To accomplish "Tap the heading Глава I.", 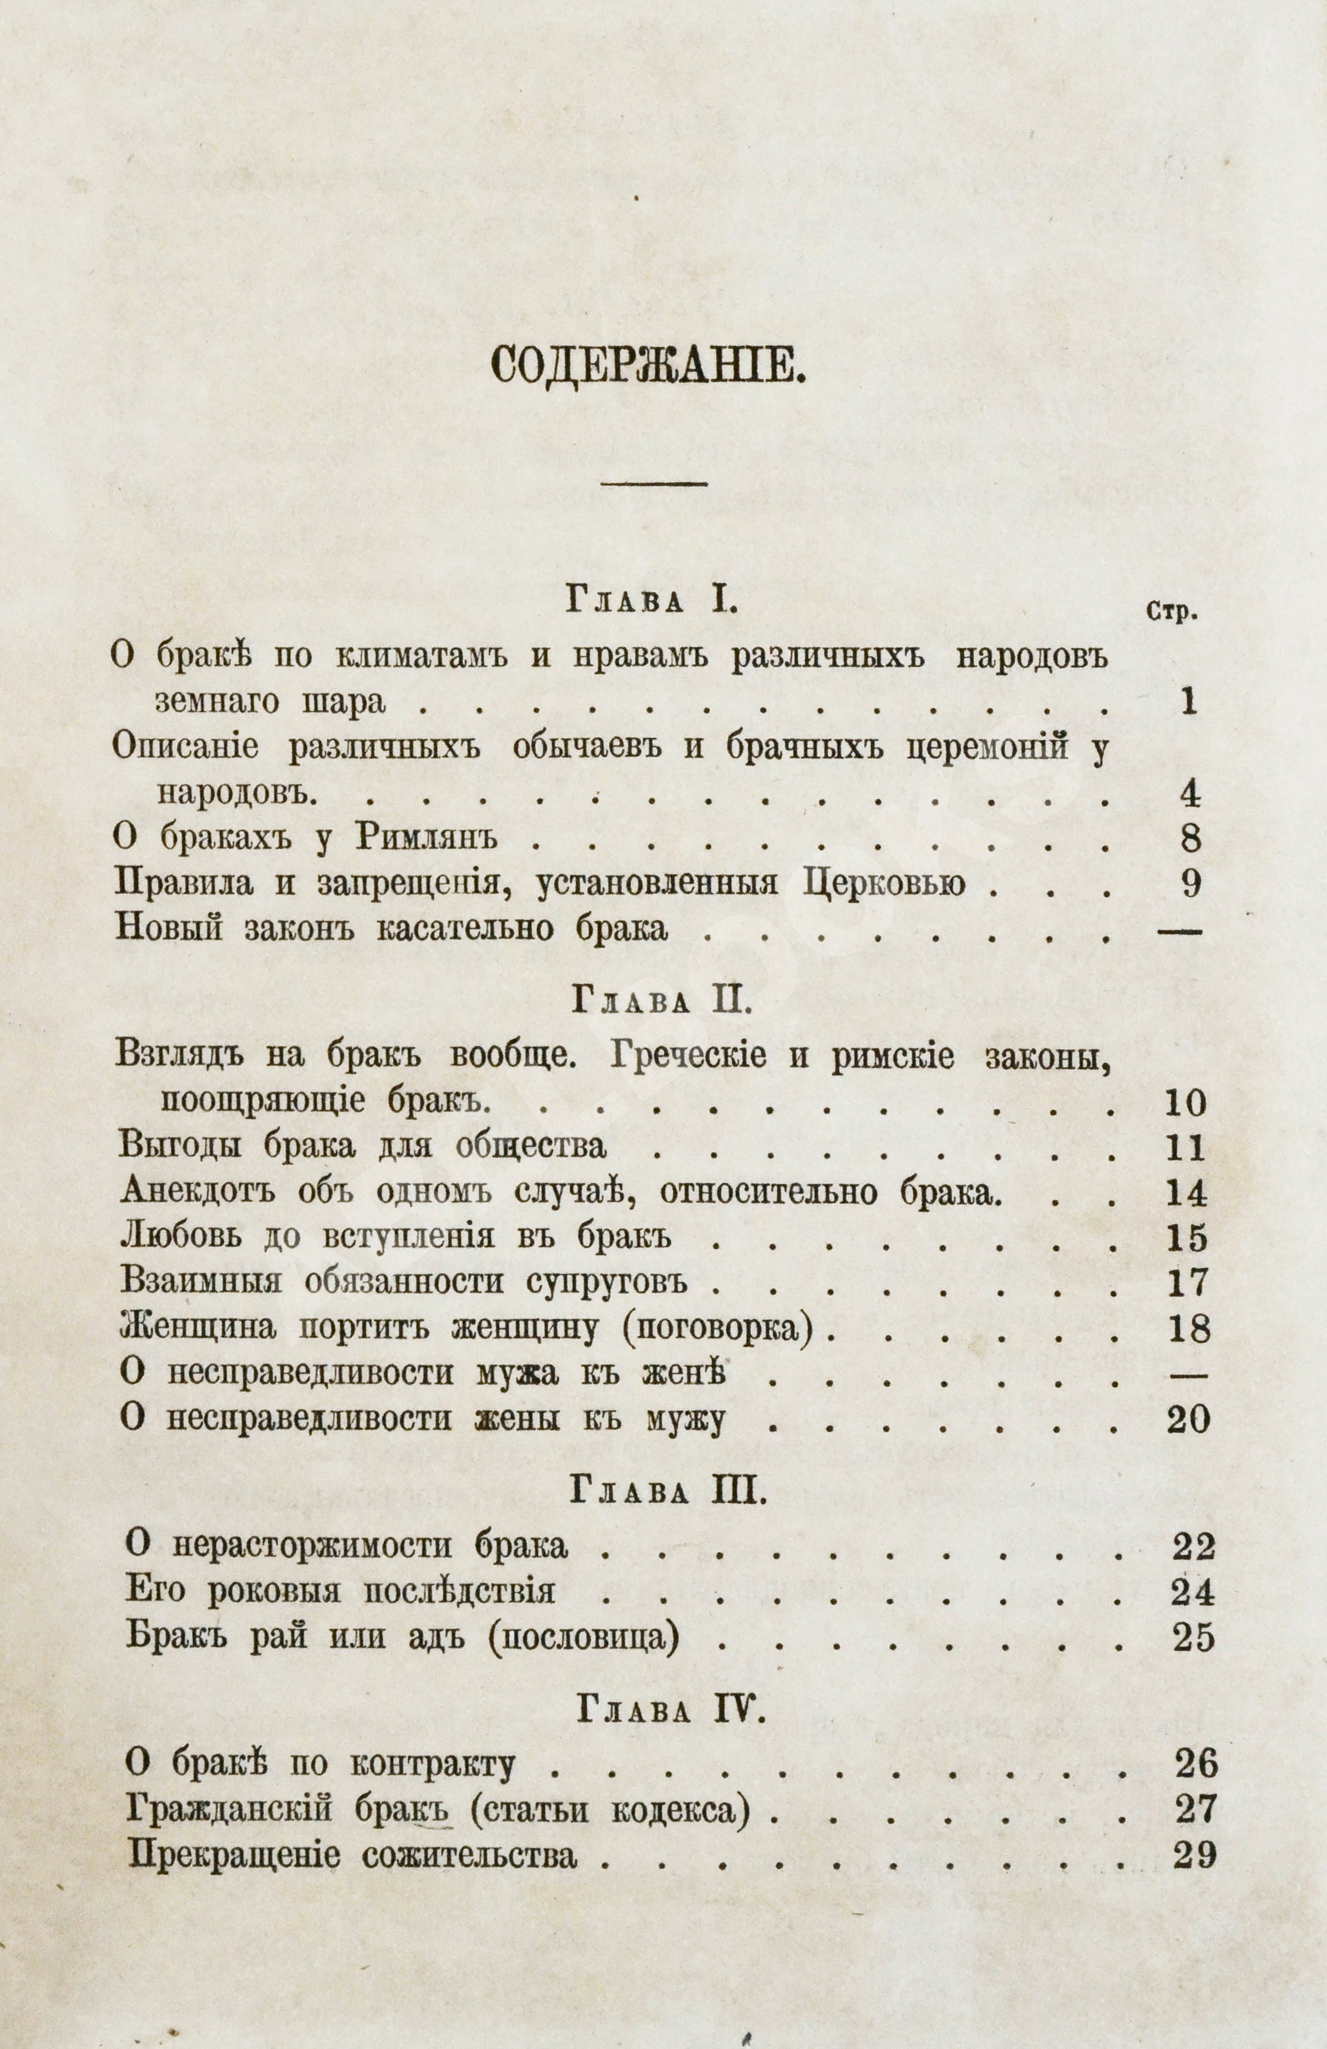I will point(649,601).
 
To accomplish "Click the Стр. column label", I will point(1172,613).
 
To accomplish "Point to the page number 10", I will point(1186,1103).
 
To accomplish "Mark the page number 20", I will point(1188,1421).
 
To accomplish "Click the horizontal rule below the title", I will point(653,484).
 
